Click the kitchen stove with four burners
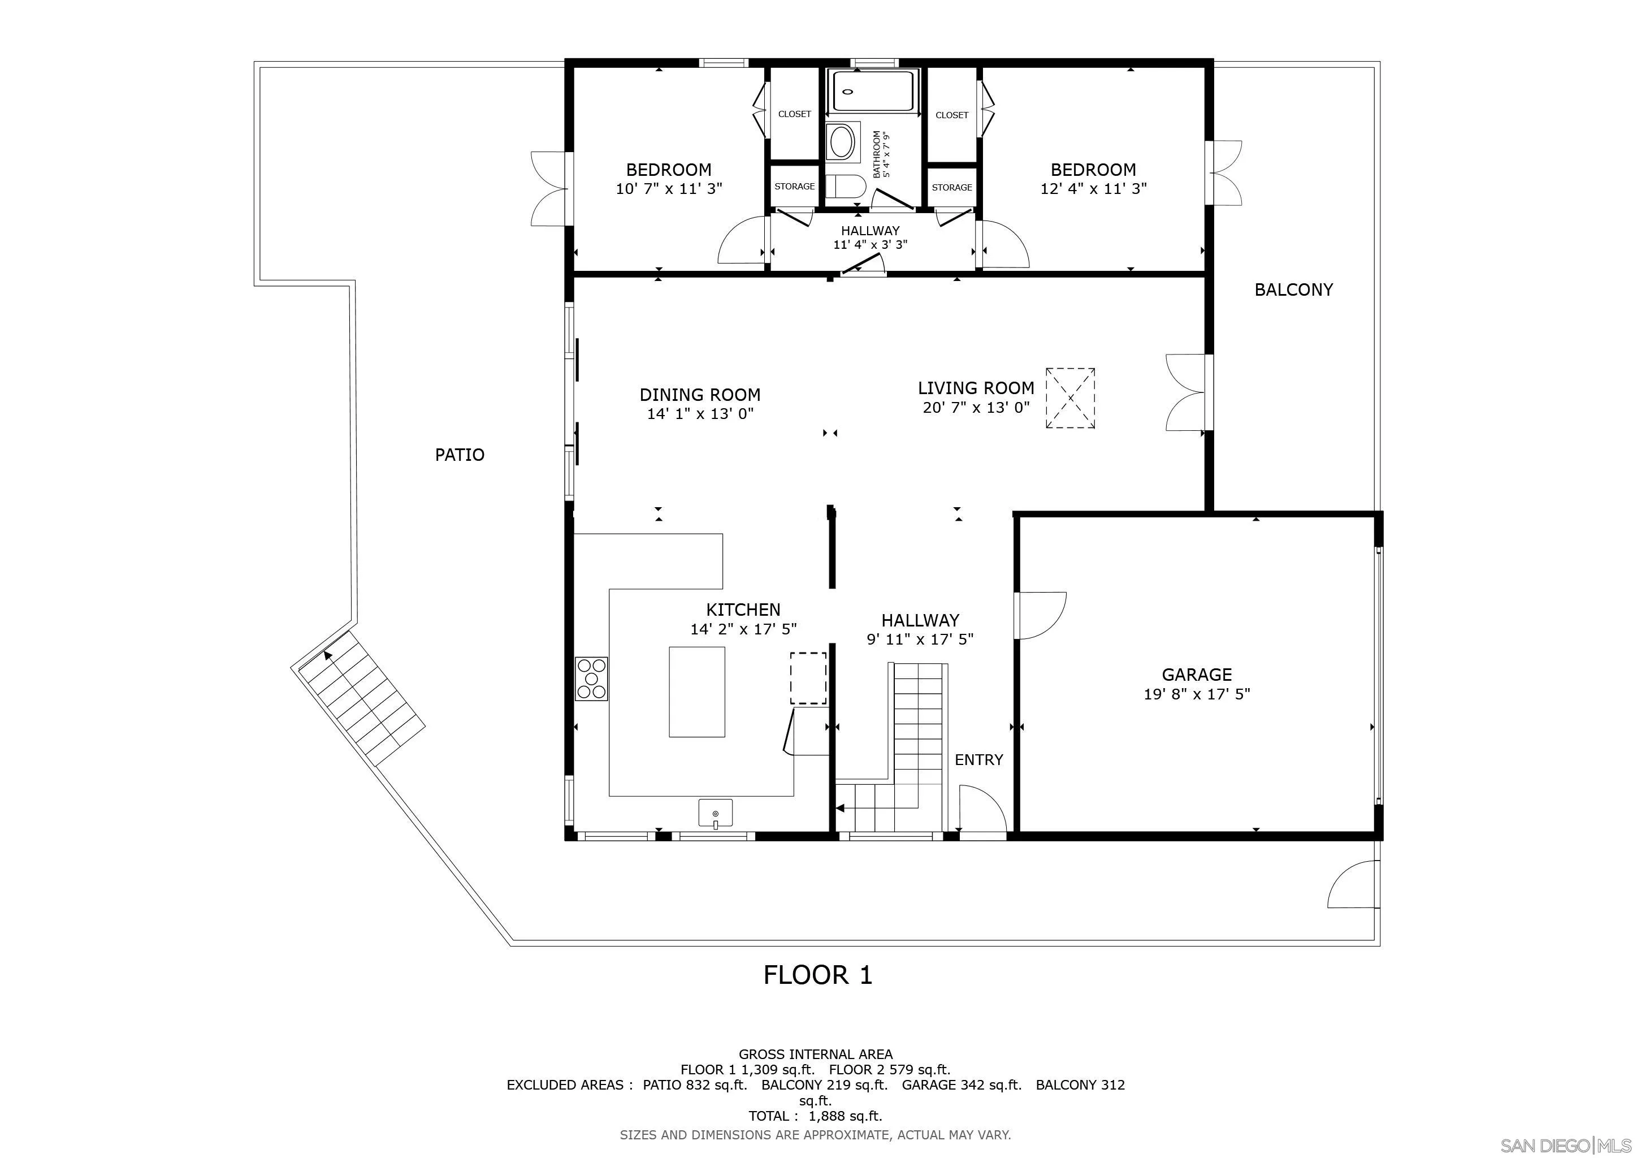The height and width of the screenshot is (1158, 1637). [592, 678]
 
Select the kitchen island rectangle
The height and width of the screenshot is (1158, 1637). [696, 692]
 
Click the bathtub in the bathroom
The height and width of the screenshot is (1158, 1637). [873, 91]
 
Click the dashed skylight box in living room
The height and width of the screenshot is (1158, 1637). [1070, 398]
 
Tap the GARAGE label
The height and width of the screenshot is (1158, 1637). [1197, 675]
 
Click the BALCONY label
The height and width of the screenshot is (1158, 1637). [1293, 289]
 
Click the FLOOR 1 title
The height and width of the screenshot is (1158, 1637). [818, 975]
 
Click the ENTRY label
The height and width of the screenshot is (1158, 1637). [979, 760]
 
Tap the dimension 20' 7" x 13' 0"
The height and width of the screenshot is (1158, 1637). [976, 408]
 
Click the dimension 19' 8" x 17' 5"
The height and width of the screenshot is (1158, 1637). [1197, 694]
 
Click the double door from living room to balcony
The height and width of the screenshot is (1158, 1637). [1187, 392]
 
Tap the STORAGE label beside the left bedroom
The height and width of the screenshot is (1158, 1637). [794, 186]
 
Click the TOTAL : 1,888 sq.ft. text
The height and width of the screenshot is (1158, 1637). [815, 1116]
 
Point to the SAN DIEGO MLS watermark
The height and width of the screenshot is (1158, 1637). [1566, 1145]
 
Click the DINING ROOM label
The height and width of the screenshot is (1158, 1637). [699, 394]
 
